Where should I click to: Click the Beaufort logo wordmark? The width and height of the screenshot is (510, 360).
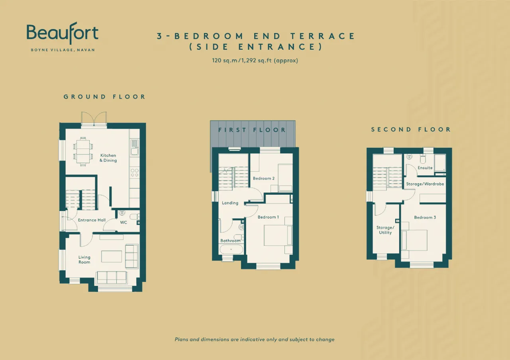(x=63, y=33)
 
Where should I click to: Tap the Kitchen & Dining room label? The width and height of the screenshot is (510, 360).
(x=108, y=158)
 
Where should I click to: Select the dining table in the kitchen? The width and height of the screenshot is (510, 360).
(x=83, y=151)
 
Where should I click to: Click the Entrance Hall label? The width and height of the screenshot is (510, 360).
(x=92, y=220)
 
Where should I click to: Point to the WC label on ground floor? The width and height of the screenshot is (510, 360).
(x=124, y=222)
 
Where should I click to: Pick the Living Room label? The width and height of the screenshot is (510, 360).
(x=84, y=260)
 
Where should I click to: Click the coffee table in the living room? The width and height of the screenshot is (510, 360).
(x=112, y=256)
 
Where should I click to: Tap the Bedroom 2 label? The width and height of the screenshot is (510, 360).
(x=264, y=178)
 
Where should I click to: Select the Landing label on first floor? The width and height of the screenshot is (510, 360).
(x=230, y=203)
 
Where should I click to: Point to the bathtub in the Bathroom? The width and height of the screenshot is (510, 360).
(x=231, y=249)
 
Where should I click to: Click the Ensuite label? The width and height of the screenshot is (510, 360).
(x=425, y=168)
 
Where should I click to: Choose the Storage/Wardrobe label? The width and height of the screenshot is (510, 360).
(x=425, y=184)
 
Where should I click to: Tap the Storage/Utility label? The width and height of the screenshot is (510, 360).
(x=385, y=230)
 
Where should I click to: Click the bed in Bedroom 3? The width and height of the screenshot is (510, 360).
(x=414, y=240)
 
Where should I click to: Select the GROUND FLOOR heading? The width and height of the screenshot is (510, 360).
(x=104, y=97)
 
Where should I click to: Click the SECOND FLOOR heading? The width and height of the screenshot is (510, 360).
(x=411, y=129)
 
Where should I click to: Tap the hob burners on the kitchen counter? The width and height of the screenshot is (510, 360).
(x=135, y=172)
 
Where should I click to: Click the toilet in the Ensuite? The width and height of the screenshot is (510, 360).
(x=423, y=158)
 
